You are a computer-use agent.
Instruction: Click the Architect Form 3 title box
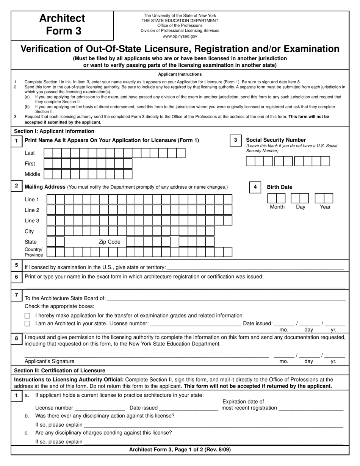click(x=62, y=25)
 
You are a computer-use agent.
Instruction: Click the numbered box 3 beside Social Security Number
click(x=235, y=140)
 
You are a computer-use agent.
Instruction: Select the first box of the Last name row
click(x=48, y=153)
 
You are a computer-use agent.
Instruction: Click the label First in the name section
click(x=30, y=164)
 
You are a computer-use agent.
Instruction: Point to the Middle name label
click(x=32, y=174)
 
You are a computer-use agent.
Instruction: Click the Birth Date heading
click(x=279, y=187)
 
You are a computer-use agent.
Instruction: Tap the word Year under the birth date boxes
click(x=325, y=207)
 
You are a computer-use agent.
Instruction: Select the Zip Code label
click(x=110, y=242)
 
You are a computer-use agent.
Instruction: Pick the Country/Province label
click(x=34, y=252)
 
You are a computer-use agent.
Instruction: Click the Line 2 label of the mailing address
click(x=32, y=210)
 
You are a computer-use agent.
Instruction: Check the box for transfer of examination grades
click(x=27, y=316)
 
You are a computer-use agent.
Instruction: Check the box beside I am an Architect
click(x=27, y=324)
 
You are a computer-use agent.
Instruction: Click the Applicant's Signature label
click(x=50, y=361)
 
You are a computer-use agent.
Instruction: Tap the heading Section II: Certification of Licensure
click(x=59, y=371)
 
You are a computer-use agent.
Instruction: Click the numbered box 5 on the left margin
click(x=16, y=265)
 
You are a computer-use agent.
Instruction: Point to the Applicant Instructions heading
click(x=180, y=74)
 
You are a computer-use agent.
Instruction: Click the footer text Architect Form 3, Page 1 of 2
click(x=180, y=450)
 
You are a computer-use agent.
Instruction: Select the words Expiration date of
click(x=243, y=402)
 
